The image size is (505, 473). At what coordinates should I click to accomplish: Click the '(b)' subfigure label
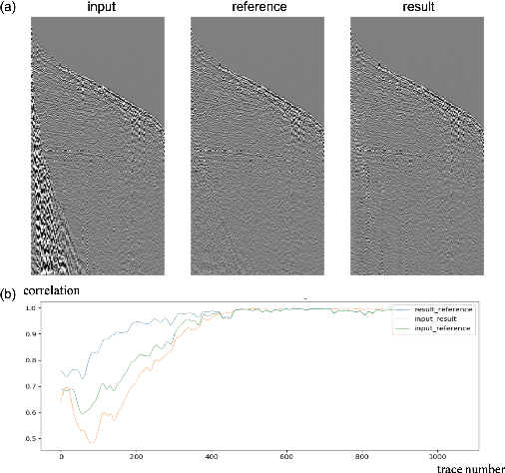(x=9, y=295)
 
